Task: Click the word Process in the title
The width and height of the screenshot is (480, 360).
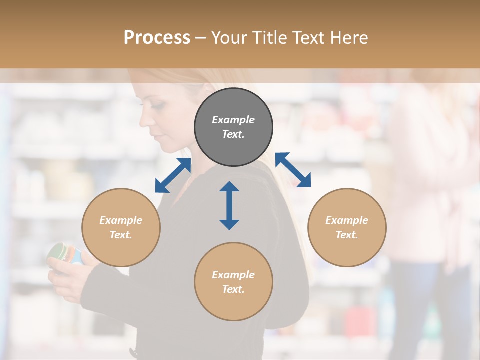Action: tap(157, 38)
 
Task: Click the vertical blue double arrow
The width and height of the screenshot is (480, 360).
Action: tap(229, 205)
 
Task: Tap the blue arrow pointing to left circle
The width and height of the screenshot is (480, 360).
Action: tap(173, 175)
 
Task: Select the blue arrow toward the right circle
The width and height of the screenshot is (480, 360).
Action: tap(293, 170)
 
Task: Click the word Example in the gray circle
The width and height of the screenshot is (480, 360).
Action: tap(233, 120)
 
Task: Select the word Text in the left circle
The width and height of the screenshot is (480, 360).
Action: tap(121, 235)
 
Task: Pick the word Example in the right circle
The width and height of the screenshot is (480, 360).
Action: tap(347, 220)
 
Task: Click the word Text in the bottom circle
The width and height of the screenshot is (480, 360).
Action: tap(233, 289)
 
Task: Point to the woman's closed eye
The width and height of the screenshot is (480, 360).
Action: tap(157, 106)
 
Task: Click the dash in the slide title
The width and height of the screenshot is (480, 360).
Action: tap(200, 38)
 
